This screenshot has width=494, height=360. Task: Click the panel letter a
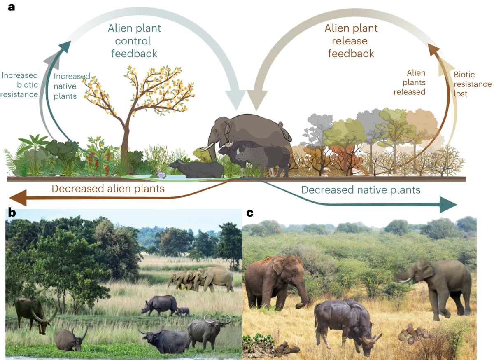pyautogui.click(x=12, y=7)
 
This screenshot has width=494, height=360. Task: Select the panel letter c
pyautogui.click(x=249, y=213)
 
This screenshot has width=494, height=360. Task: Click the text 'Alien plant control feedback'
pyautogui.click(x=134, y=41)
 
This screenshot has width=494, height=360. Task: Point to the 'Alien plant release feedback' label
pyautogui.click(x=351, y=41)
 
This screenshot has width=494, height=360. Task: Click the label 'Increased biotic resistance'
pyautogui.click(x=20, y=85)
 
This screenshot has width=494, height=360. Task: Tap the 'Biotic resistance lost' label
pyautogui.click(x=472, y=84)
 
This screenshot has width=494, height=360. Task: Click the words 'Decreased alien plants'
pyautogui.click(x=108, y=189)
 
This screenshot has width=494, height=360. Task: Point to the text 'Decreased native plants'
pyautogui.click(x=361, y=190)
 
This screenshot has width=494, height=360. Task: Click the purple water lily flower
pyautogui.click(x=161, y=175)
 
